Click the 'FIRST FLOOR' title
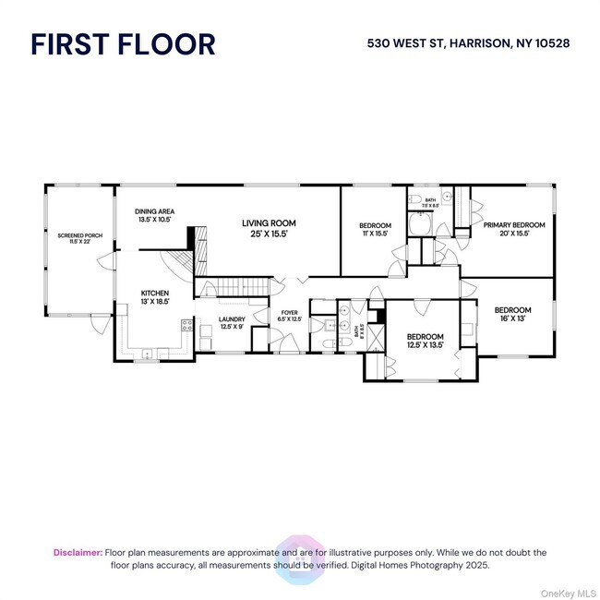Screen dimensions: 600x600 click(x=123, y=44)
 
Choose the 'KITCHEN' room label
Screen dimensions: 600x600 click(x=154, y=293)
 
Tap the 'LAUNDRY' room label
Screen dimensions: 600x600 click(x=232, y=319)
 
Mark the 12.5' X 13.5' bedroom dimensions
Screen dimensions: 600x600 click(x=426, y=345)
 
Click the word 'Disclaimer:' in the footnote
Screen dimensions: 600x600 click(x=78, y=552)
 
